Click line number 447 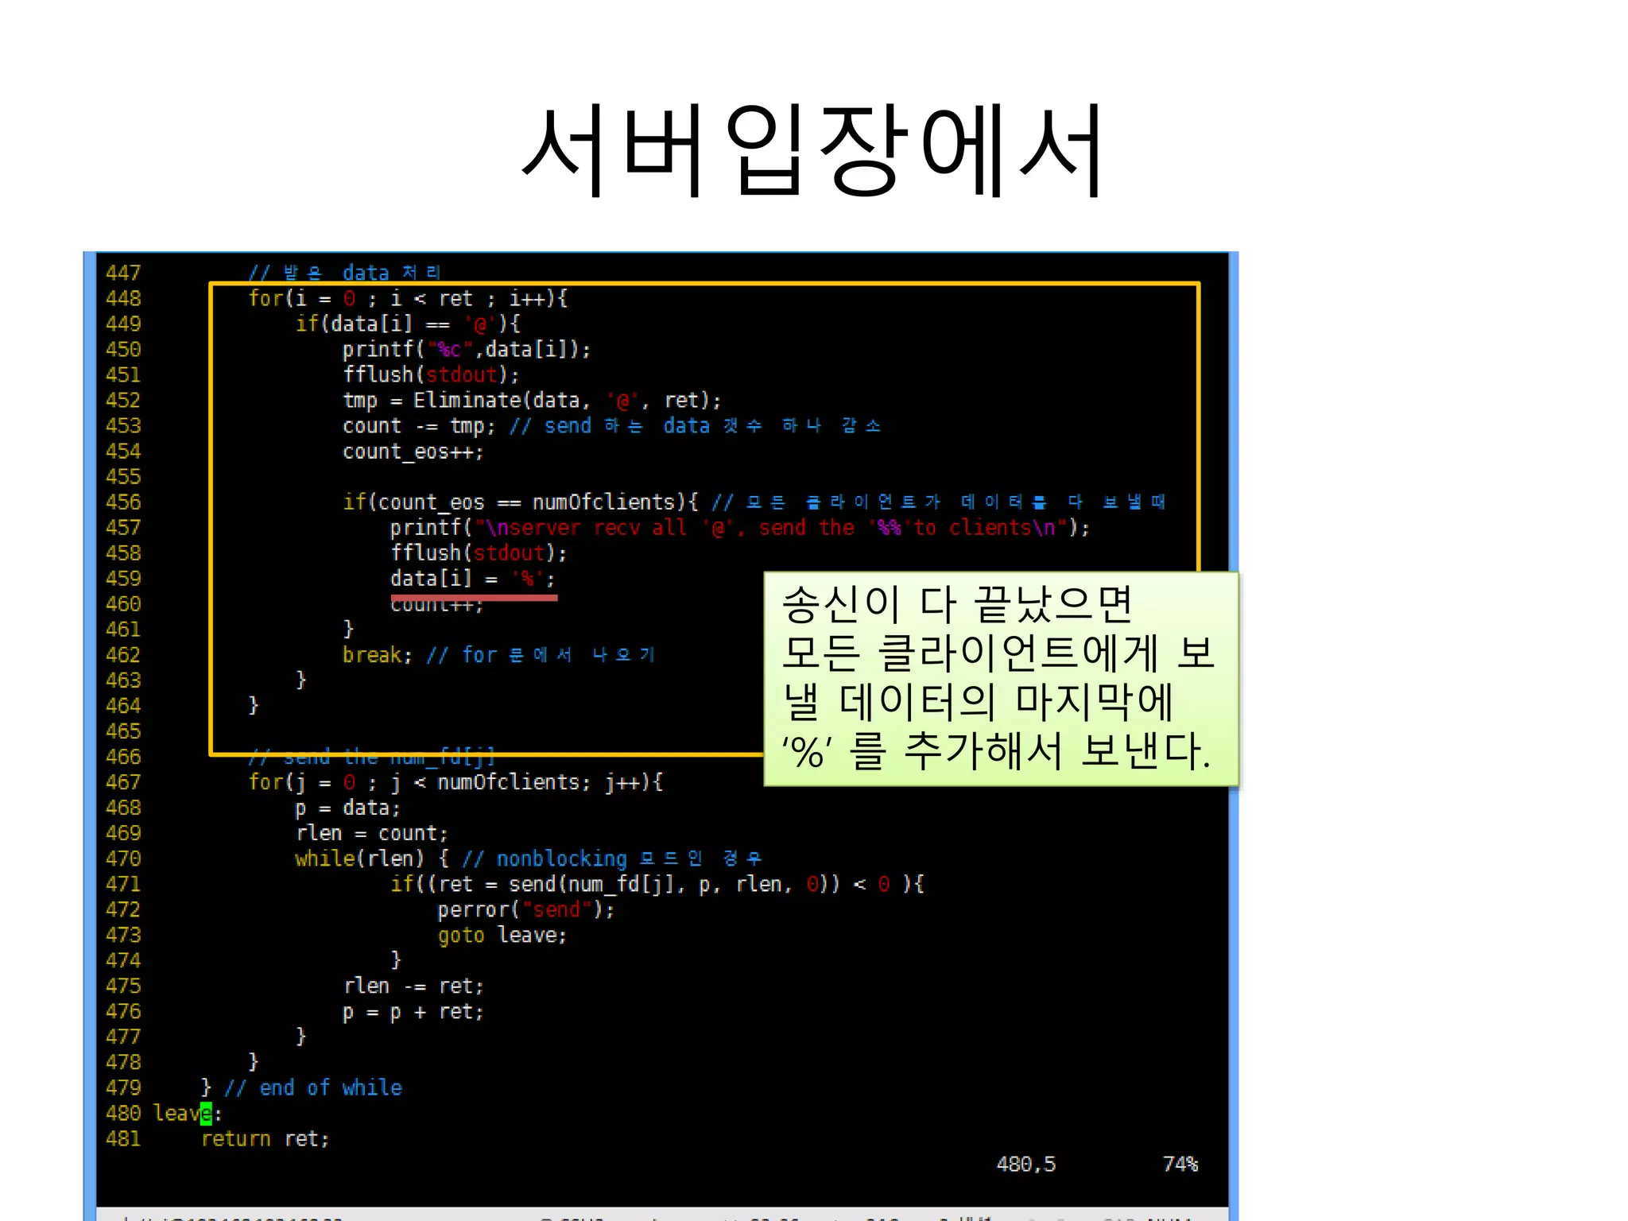coord(123,273)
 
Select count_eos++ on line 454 coord(413,452)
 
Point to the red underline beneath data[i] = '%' coord(474,597)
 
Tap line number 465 coord(123,731)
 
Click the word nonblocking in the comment coord(561,859)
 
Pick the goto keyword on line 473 coord(461,935)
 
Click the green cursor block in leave coord(207,1113)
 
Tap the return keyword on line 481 coord(235,1138)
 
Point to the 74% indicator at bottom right coord(1180,1165)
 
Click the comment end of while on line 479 coord(330,1087)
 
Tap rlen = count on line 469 coord(371,833)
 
